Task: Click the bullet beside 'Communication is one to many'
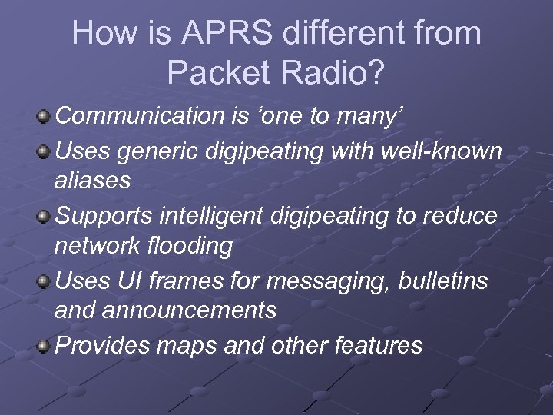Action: tap(45, 116)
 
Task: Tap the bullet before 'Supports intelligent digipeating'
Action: tap(45, 217)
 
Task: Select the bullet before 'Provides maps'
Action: tap(45, 346)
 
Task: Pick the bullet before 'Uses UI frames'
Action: tap(45, 281)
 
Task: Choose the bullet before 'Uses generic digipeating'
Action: tap(45, 152)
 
